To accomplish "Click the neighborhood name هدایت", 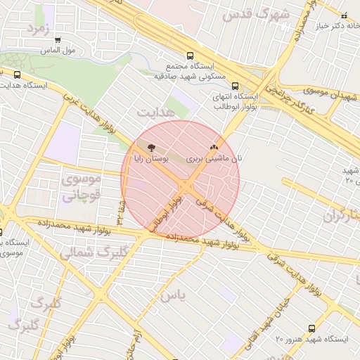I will coord(153,112).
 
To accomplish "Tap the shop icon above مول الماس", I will coord(58,40).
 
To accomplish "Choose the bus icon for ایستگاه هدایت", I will coord(17,75).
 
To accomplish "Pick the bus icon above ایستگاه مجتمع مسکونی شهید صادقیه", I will coord(189,56).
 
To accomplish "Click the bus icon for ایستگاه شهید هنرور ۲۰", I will coord(312,328).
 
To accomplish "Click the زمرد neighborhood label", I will coord(37,28).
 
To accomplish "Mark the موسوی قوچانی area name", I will coord(82,187).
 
